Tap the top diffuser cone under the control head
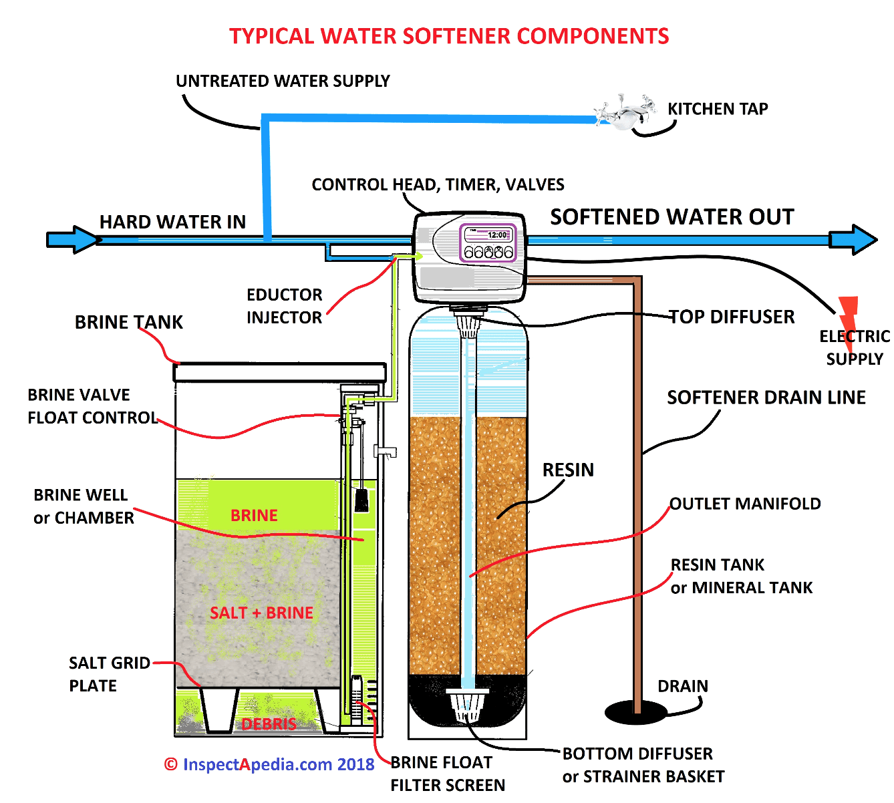pyautogui.click(x=469, y=325)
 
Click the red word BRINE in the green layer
pyautogui.click(x=254, y=516)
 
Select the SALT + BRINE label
pyautogui.click(x=261, y=613)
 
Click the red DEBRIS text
pyautogui.click(x=269, y=724)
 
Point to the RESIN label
pyautogui.click(x=568, y=470)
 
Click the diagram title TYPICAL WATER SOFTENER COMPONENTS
pyautogui.click(x=449, y=36)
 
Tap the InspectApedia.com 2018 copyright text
pyautogui.click(x=270, y=765)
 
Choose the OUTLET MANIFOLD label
pyautogui.click(x=745, y=504)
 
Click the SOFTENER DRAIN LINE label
pyautogui.click(x=766, y=397)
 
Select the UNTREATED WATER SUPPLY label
pyautogui.click(x=283, y=81)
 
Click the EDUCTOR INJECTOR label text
pyautogui.click(x=285, y=306)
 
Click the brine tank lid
pyautogui.click(x=280, y=371)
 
